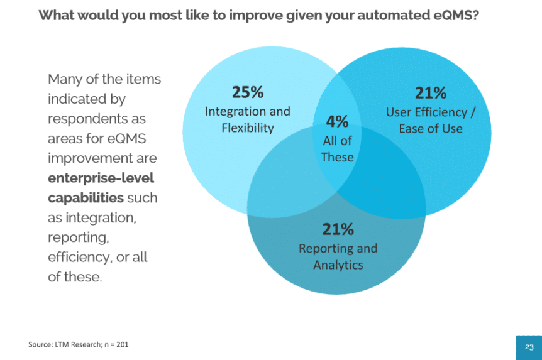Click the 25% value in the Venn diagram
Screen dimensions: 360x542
coord(248,92)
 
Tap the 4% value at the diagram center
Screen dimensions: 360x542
coord(337,121)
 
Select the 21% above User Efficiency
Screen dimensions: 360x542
coord(431,93)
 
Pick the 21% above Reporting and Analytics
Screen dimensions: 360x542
coord(338,229)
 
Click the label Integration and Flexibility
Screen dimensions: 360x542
coord(248,119)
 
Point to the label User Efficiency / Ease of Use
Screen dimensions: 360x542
coord(431,120)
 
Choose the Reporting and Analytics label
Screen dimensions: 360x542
coord(338,256)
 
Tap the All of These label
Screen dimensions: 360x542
coord(337,149)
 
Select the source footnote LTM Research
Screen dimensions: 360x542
coord(65,344)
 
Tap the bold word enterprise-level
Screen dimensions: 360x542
coord(101,178)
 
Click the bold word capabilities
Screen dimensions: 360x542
coord(86,197)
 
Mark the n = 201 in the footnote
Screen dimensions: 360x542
coord(117,344)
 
